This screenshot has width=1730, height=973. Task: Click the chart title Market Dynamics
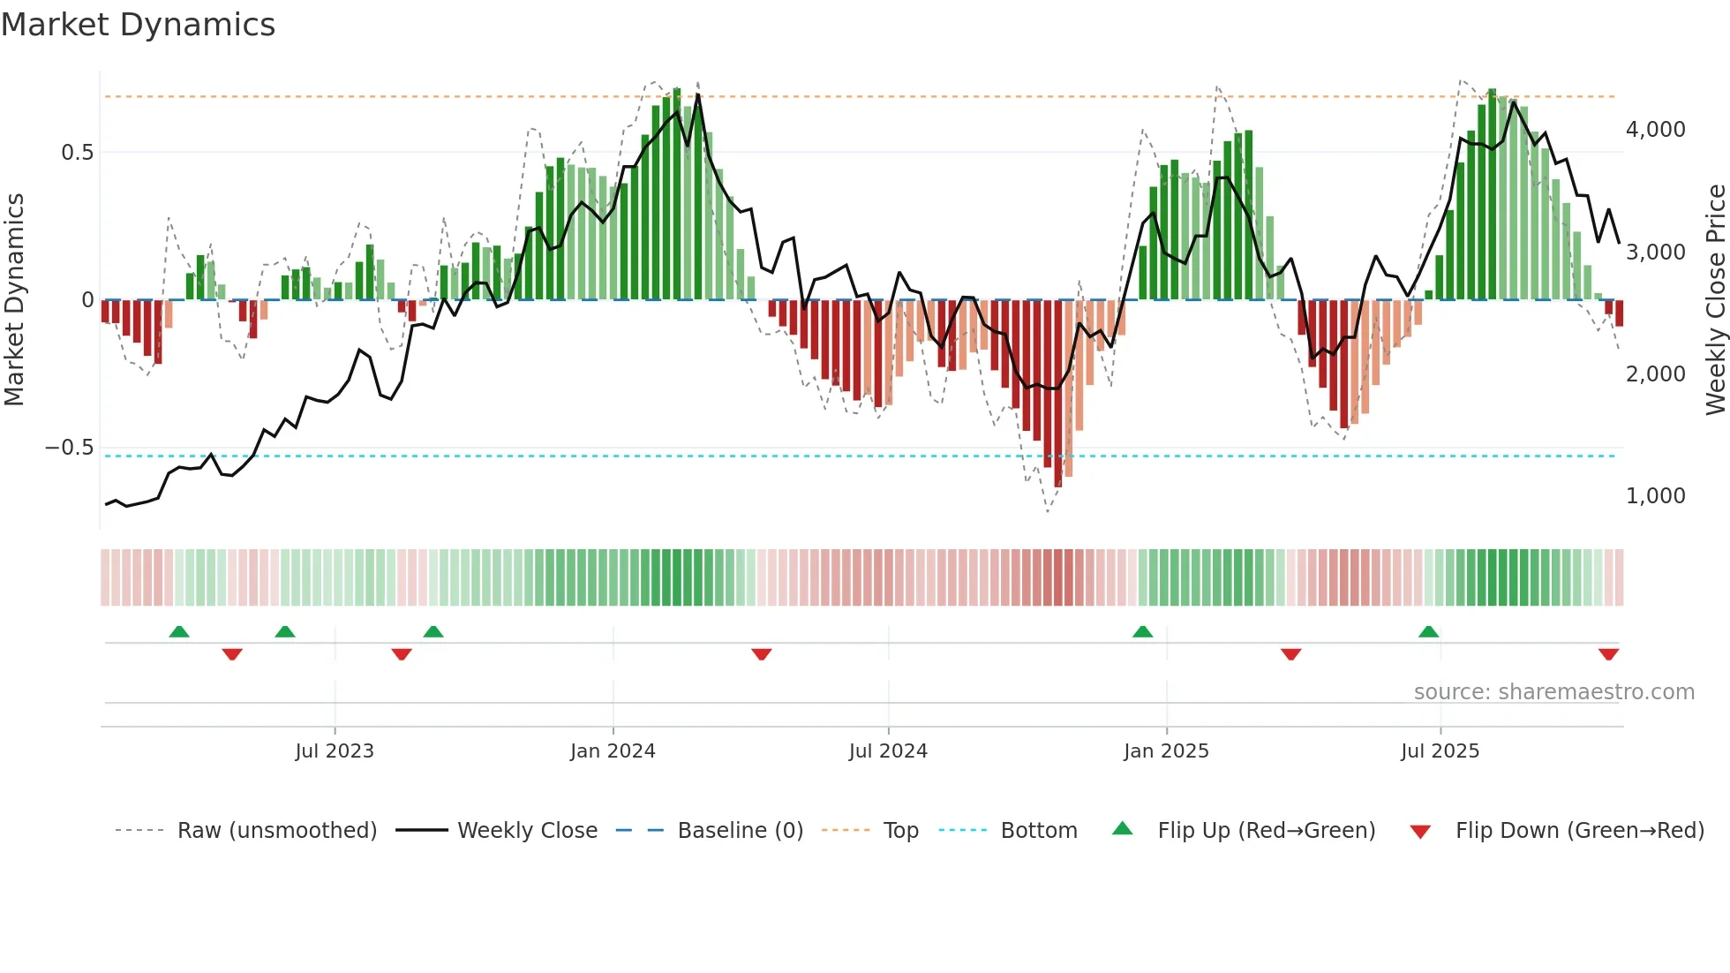coord(138,25)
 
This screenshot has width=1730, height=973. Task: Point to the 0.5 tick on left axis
coord(77,153)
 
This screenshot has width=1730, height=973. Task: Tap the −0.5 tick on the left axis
coord(70,448)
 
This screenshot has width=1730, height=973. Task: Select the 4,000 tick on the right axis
coord(1655,130)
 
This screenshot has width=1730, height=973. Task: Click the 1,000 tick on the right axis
coord(1655,496)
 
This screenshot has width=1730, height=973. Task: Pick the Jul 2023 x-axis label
coord(335,751)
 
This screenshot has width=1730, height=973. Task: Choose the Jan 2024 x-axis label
coord(613,751)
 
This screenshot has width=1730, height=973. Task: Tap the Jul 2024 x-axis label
coord(888,751)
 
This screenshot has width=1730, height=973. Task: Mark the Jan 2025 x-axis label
coord(1166,751)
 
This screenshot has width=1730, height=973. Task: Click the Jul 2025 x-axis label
coord(1440,751)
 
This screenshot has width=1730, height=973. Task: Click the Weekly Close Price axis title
coord(1715,300)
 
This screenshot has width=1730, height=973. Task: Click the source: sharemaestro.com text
coord(1553,692)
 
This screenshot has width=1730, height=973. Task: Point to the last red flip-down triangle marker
coord(1608,654)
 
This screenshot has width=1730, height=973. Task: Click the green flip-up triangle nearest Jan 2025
coord(1142,632)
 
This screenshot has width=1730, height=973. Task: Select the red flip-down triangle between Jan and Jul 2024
coord(762,654)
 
